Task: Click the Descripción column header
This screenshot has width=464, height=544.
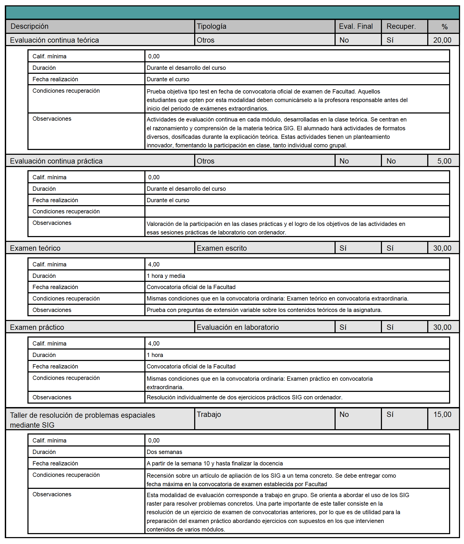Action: (30, 26)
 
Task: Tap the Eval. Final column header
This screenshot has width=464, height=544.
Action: (356, 26)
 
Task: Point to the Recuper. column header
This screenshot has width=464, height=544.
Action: (401, 26)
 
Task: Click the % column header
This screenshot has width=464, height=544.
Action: (444, 27)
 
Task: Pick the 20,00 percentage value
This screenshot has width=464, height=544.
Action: (442, 40)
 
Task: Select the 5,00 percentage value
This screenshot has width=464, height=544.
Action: (444, 161)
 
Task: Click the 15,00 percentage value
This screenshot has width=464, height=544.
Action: (442, 415)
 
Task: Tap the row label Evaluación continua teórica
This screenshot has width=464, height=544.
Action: (54, 40)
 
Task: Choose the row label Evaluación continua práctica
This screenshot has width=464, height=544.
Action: (56, 161)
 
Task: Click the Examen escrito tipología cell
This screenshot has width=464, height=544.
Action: (222, 248)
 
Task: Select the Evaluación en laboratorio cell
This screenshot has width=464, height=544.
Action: (238, 327)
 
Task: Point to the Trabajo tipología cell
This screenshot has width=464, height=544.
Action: (209, 415)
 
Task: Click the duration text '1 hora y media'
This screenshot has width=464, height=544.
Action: (166, 276)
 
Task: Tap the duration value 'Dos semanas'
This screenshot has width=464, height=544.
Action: (164, 452)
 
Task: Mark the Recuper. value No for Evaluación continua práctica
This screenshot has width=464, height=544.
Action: (391, 161)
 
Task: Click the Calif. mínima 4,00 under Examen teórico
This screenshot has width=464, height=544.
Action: (154, 265)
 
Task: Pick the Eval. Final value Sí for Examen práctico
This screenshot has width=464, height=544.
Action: (343, 327)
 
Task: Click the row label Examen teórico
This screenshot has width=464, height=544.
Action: (35, 248)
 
